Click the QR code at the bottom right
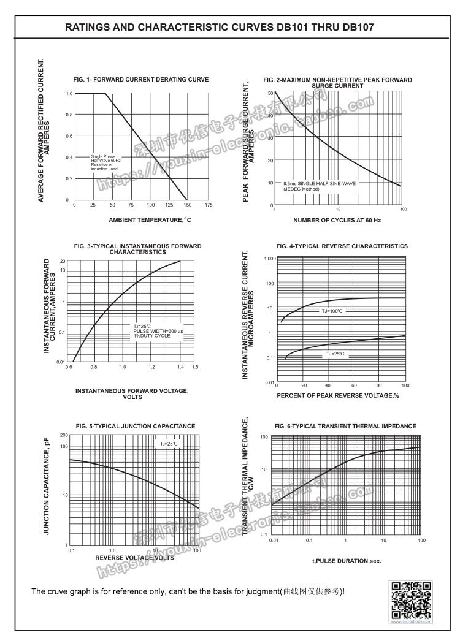coord(412,601)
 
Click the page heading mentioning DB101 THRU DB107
coord(219,28)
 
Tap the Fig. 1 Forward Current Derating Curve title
coord(141,80)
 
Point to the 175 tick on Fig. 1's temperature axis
coord(209,205)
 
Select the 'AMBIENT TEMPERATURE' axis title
coord(150,220)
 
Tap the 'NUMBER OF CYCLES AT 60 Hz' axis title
coord(337,220)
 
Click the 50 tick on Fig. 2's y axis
coord(270,93)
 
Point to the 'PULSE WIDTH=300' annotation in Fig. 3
coord(158,331)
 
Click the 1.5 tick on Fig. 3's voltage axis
coord(195,366)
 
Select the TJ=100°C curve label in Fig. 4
coord(334,311)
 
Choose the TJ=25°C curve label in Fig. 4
coord(335,354)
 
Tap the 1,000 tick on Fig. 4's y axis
coord(270,259)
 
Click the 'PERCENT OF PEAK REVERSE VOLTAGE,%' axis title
coord(338,395)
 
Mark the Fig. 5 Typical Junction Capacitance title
coord(136,425)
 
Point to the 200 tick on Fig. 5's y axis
coord(63,435)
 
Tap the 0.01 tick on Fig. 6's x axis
coord(274,540)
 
